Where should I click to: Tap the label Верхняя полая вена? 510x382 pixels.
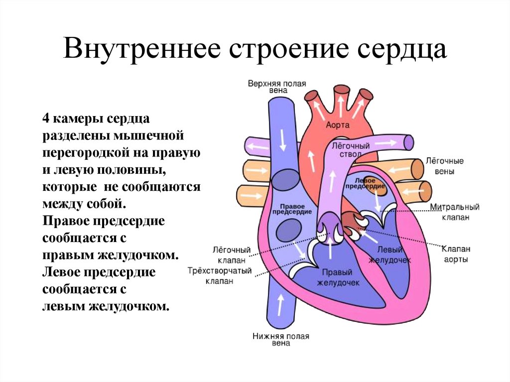277,88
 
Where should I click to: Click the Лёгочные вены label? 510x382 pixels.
444,166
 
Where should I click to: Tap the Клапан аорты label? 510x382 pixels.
456,254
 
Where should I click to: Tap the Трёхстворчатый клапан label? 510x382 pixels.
219,275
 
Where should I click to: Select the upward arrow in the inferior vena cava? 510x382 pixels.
280,303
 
